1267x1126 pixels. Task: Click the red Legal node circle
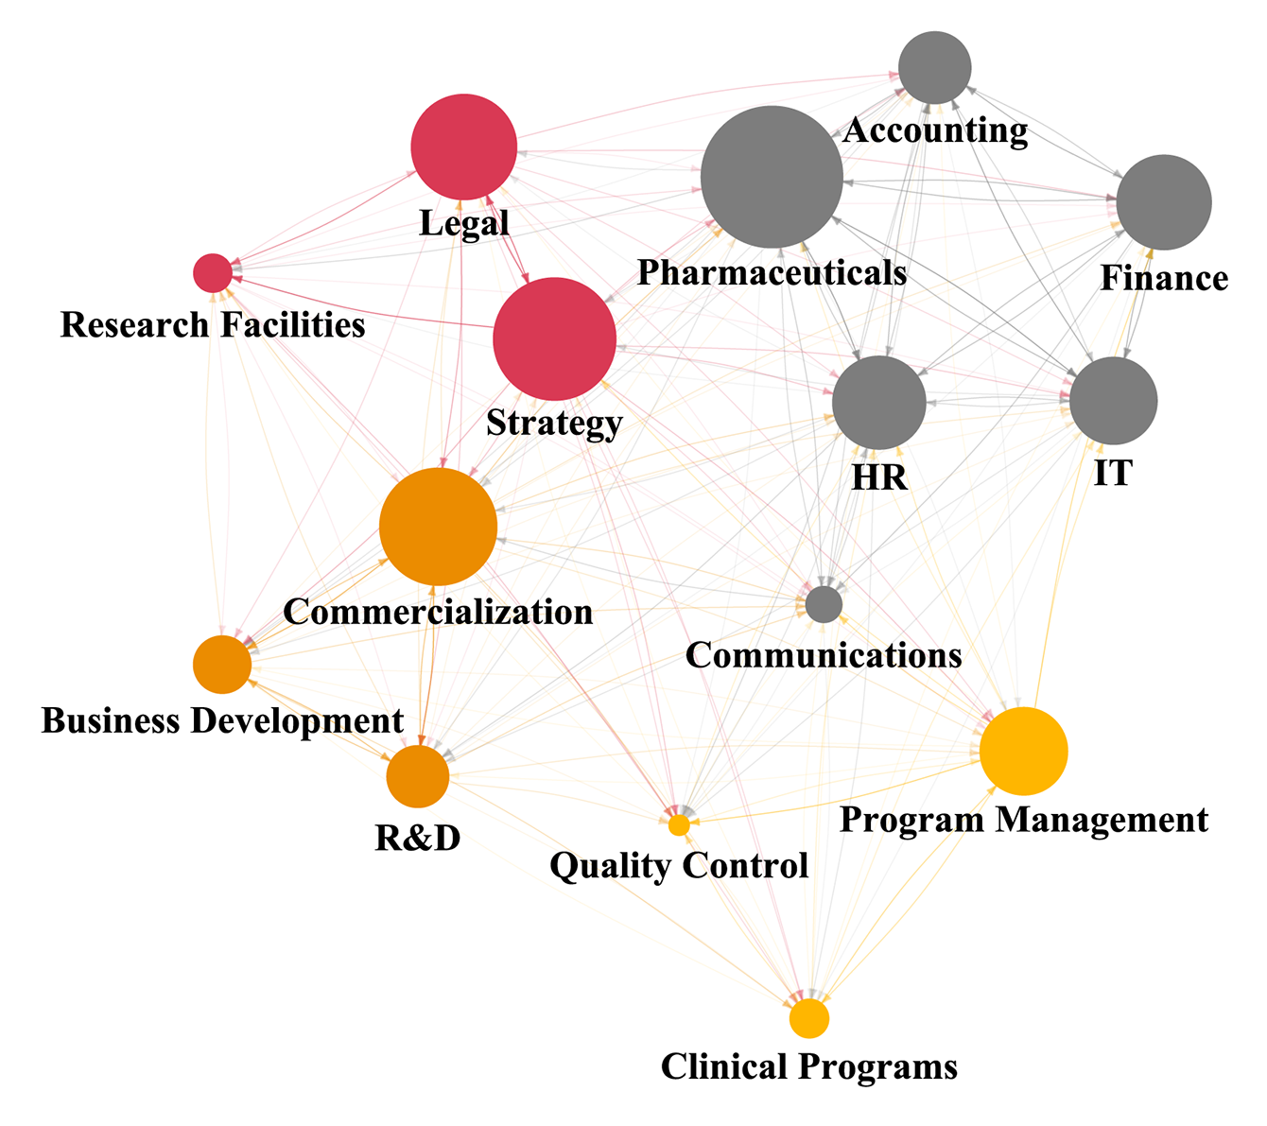[463, 147]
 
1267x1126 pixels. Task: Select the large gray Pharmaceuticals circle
[772, 178]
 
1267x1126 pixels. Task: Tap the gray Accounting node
[934, 68]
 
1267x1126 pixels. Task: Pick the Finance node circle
[1163, 202]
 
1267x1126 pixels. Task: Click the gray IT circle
[1113, 401]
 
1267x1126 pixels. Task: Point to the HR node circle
[878, 403]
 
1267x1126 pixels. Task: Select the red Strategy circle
[554, 339]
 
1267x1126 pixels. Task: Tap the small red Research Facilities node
[213, 273]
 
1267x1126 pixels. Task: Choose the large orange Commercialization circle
[438, 527]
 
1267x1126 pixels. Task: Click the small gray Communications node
[824, 603]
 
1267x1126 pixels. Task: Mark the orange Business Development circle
[222, 665]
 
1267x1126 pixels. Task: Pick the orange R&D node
[417, 776]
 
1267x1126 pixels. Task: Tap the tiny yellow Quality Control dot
[679, 825]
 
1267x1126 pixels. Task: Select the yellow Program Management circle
[1023, 751]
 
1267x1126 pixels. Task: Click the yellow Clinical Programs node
[809, 1018]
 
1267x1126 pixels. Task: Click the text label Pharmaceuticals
[772, 273]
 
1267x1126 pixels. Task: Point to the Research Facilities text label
[213, 325]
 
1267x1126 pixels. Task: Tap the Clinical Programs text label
[809, 1067]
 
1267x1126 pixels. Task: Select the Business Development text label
[222, 720]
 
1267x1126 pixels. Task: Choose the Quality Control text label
[679, 865]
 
